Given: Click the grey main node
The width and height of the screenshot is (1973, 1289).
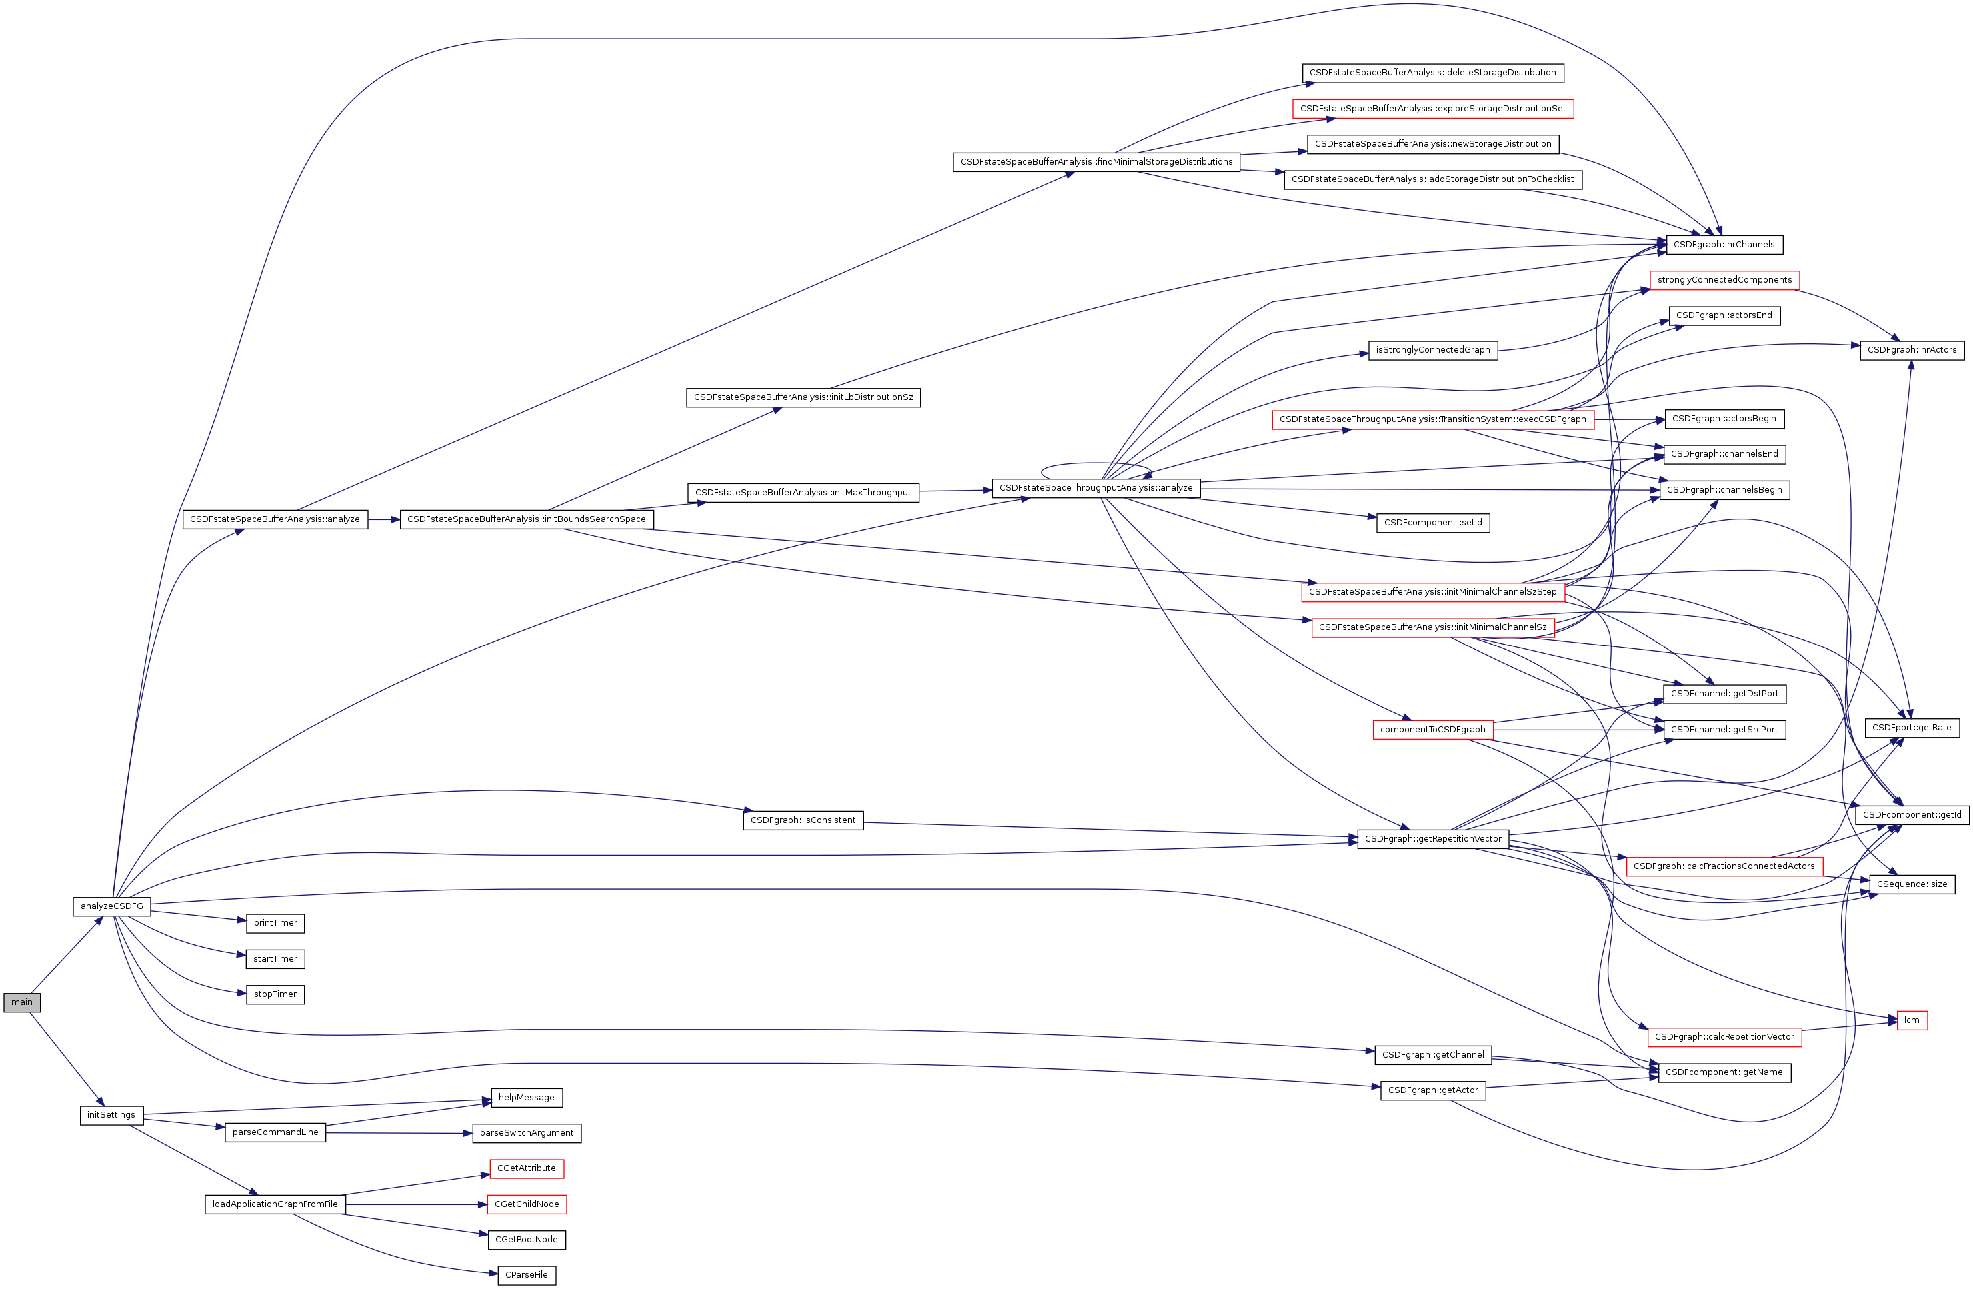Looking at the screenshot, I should pos(21,1002).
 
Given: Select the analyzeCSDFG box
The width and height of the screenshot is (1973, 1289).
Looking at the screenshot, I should pos(112,906).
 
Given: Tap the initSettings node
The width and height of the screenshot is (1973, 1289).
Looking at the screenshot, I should pos(111,1115).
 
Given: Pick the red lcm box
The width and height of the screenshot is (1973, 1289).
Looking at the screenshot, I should pos(1912,1020).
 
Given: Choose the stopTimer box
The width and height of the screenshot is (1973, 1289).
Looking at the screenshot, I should pos(275,994).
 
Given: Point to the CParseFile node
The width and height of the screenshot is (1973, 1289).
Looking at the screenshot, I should pos(527,1275).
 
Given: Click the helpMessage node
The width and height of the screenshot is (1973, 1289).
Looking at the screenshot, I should pos(527,1098).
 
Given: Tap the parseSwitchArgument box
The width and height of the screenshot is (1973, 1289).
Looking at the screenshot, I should pos(527,1133).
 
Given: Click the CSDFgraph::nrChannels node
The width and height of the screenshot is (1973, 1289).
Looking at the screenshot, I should pos(1724,245).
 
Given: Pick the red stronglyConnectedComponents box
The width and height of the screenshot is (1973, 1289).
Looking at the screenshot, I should pos(1724,280).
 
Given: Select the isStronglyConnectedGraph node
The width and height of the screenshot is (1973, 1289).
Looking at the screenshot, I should pos(1432,350).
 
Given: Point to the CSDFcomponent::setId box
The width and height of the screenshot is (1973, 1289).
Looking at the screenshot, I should pos(1432,523).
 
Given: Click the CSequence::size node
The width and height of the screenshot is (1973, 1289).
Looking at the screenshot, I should pos(1912,884).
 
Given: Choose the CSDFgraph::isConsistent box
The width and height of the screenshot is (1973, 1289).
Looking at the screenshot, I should pos(803,820).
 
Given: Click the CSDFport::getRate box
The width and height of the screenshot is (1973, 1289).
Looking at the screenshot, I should pos(1912,728).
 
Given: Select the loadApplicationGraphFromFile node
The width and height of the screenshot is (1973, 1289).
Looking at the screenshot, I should pos(275,1204).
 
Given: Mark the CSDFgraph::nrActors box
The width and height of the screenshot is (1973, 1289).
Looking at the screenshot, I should pos(1912,350).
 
